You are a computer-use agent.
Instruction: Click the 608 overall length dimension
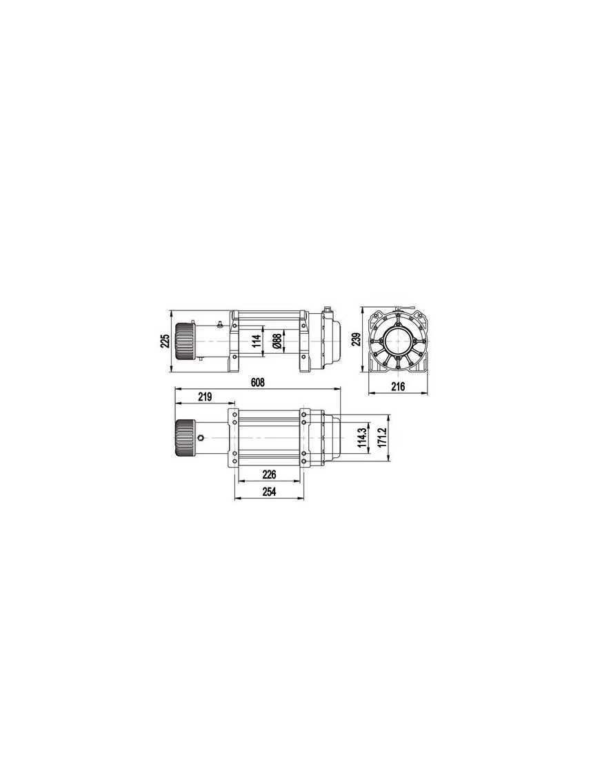pos(257,382)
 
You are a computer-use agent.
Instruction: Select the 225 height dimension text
pos(165,341)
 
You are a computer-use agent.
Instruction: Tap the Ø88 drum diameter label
pos(277,341)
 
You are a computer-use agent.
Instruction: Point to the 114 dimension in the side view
pos(256,341)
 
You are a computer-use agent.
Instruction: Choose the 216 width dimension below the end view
pos(398,388)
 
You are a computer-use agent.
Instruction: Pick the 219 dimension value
pos(204,397)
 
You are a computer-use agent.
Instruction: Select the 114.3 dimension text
pos(361,437)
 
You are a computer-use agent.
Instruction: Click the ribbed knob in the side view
pos(183,342)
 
